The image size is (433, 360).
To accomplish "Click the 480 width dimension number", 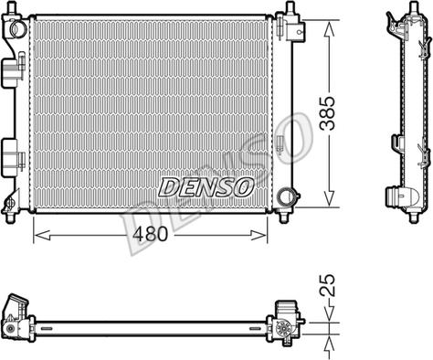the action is [151, 234].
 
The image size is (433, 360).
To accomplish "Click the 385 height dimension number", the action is [327, 113].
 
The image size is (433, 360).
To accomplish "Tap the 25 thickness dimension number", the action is [327, 285].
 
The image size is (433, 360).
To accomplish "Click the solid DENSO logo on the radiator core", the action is [206, 186].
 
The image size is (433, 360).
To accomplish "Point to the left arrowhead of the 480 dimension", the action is [41, 235].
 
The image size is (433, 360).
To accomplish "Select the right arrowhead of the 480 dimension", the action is [259, 235].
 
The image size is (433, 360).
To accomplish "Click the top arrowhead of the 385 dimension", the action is [329, 29].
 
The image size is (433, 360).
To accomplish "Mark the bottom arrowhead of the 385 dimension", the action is [329, 198].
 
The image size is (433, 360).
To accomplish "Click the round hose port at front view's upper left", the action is [18, 28].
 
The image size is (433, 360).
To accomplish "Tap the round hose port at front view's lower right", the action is [286, 196].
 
